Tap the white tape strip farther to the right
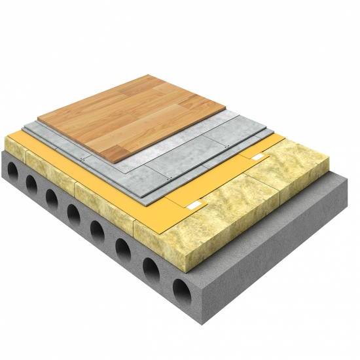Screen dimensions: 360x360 click(x=260, y=159)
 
